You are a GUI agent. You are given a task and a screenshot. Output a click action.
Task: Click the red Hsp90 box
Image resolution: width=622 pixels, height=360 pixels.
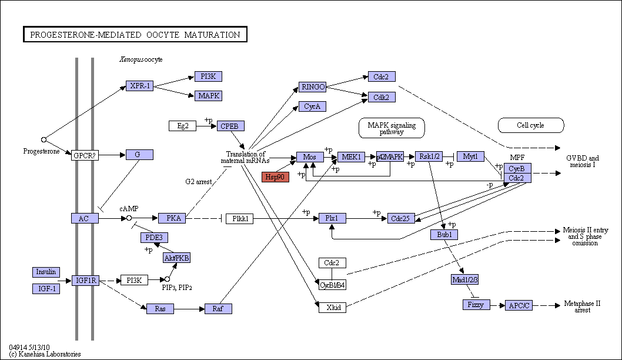tap(275, 177)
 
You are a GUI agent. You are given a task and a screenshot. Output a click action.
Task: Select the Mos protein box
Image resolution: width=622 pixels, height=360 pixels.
tap(310, 157)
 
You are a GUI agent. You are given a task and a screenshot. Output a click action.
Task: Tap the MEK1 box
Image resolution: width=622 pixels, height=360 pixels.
tap(351, 157)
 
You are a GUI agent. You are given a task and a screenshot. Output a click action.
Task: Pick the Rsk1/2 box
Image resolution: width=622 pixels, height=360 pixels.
tap(429, 156)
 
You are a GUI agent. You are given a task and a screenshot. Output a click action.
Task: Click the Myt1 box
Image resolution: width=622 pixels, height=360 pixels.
tap(470, 156)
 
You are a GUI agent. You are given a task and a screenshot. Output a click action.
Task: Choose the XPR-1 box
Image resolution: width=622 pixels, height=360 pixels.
tap(140, 86)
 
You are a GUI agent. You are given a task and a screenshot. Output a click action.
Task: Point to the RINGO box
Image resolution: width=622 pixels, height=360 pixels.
tap(313, 87)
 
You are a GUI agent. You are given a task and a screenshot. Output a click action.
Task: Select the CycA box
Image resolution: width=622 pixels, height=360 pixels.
tap(313, 106)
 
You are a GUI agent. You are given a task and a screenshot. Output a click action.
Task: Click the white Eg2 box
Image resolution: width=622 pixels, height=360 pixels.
tap(182, 126)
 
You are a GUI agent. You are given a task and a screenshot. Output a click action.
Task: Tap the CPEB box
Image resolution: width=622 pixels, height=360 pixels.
tap(230, 126)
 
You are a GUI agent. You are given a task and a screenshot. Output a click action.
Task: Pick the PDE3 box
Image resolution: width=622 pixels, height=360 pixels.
tap(154, 238)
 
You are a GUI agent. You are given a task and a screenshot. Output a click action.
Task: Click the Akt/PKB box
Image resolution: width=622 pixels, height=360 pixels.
tap(177, 258)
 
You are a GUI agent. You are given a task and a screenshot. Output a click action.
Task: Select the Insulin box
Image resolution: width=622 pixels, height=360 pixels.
tap(46, 272)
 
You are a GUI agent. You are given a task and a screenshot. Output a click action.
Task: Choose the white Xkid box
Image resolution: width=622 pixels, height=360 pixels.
tap(332, 307)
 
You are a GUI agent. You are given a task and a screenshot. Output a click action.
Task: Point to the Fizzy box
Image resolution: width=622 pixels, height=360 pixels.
tap(476, 305)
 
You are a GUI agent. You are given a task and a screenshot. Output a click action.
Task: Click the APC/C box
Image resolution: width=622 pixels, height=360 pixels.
tap(519, 305)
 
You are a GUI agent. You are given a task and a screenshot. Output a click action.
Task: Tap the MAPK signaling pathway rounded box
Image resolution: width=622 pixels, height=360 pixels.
tap(392, 128)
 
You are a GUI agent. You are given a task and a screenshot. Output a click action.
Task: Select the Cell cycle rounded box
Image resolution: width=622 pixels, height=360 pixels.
tap(531, 125)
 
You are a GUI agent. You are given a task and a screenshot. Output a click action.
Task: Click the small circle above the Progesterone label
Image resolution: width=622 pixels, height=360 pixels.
tap(44, 140)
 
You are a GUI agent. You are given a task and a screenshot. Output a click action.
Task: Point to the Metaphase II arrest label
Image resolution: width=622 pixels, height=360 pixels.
tap(583, 307)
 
